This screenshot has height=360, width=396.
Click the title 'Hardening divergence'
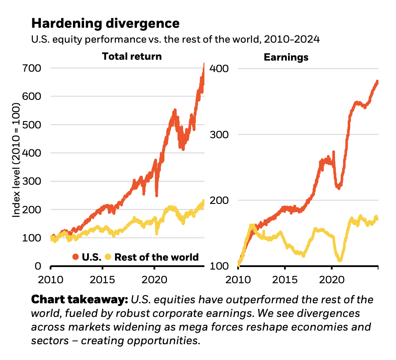105,23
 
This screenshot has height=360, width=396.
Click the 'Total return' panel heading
132,56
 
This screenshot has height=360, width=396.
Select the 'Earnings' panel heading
286,57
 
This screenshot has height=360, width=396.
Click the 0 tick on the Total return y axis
38,266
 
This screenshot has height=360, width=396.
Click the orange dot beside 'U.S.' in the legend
76,257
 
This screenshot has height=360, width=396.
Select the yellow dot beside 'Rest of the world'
108,257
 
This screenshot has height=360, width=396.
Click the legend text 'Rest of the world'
156,257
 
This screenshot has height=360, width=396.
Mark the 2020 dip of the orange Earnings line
338,187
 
